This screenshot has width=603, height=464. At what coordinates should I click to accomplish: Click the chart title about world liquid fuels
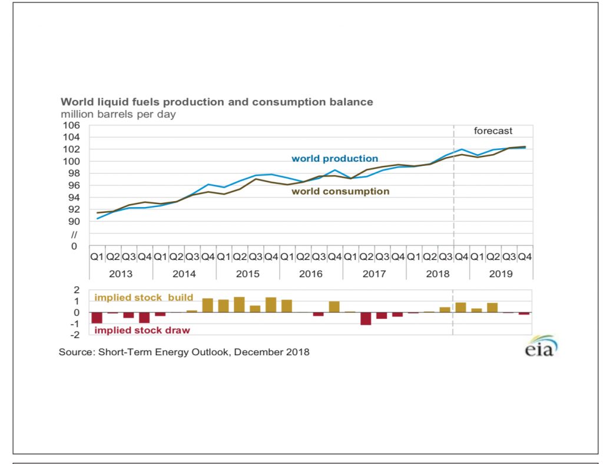pos(217,102)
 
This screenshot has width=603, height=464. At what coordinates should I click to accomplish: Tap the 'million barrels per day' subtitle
pos(118,114)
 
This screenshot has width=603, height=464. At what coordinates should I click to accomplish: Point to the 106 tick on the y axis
pos(71,125)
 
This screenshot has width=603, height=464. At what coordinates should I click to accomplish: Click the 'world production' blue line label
pos(334,158)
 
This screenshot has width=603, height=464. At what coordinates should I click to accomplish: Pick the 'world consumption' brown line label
pos(340,191)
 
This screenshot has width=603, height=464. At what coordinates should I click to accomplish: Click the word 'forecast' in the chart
pos(493,131)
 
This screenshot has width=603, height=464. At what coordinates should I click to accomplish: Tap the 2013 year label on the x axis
pos(121,273)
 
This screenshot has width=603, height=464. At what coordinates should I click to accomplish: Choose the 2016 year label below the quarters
pos(311,273)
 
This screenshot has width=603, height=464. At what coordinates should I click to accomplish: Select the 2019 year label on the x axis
pos(501,273)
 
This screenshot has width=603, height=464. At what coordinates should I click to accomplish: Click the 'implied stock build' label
pos(144,298)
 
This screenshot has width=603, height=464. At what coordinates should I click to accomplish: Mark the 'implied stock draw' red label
pos(142,330)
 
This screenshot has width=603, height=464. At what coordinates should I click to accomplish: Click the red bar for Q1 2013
pos(97,318)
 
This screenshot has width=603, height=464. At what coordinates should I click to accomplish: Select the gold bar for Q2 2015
pos(239,305)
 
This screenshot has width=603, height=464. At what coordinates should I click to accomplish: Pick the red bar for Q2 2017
pos(366,318)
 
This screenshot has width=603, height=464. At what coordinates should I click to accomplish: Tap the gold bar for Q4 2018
pos(460,307)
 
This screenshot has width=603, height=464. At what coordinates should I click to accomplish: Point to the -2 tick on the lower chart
pos(75,335)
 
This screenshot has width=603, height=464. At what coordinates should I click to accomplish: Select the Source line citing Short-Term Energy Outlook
pos(184,352)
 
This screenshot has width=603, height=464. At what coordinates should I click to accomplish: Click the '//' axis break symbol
pos(74,234)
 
